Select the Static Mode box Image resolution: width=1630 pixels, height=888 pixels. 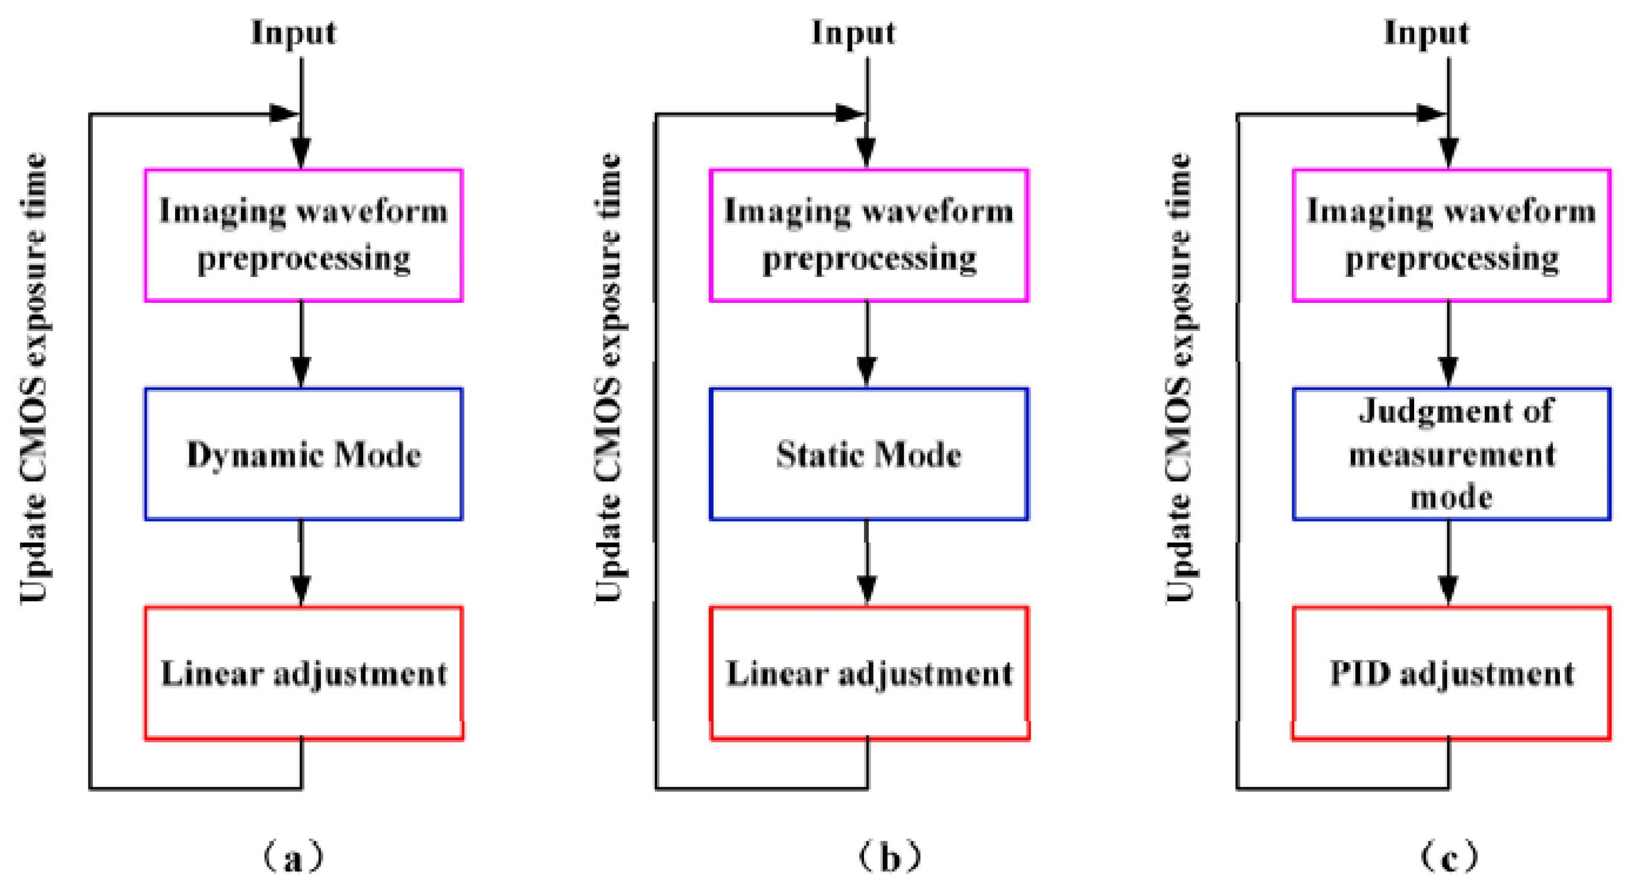868,454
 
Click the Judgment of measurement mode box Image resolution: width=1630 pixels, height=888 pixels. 1451,454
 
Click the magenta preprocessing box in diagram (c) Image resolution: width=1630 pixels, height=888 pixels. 1451,235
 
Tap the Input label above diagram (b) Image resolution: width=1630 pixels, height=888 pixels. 853,33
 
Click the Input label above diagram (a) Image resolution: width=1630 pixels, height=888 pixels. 293,33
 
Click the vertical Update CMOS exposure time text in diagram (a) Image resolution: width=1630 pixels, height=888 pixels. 33,378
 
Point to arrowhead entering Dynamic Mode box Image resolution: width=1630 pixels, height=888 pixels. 301,371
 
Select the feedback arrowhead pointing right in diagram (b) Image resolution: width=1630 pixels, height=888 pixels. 850,114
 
